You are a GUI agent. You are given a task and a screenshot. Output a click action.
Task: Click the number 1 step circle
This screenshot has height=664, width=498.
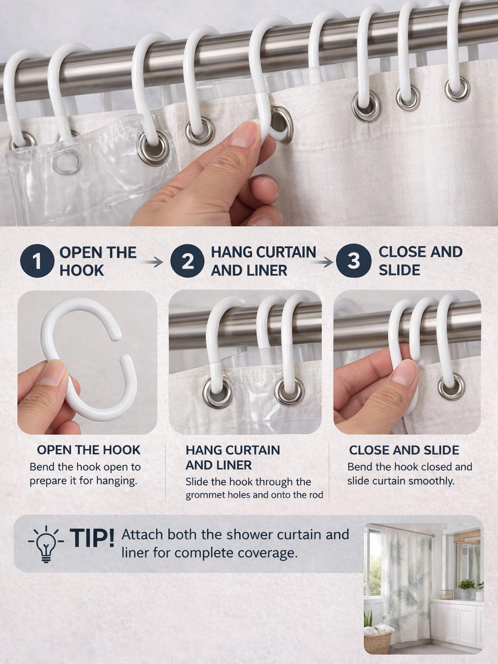[36, 262]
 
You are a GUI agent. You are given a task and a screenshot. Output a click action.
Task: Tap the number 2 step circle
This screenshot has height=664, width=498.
[187, 262]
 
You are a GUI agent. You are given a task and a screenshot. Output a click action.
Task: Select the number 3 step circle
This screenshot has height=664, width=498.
[354, 261]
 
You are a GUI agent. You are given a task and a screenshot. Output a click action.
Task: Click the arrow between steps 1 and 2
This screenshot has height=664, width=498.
[154, 262]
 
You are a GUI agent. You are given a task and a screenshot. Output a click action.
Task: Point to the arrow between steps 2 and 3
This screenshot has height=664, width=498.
[323, 262]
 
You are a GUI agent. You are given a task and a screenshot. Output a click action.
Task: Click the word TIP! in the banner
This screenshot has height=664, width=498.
[92, 538]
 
